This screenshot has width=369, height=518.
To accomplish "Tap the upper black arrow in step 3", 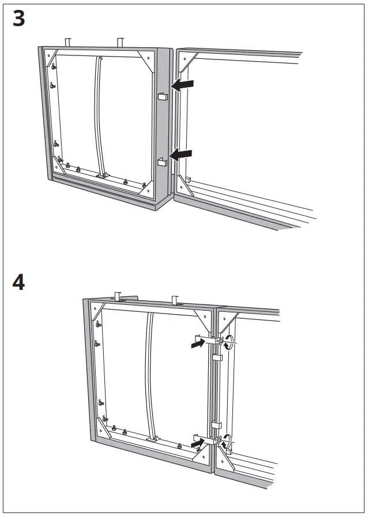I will click(x=183, y=85).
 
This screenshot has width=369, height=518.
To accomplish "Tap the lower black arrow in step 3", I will click(x=183, y=154).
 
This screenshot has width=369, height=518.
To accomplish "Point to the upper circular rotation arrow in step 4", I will click(x=229, y=342).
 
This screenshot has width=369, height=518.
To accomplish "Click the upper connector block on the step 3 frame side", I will click(x=161, y=96).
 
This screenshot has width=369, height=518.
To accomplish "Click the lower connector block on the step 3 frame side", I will click(x=161, y=161).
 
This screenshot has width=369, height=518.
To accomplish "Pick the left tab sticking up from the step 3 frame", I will click(x=68, y=42).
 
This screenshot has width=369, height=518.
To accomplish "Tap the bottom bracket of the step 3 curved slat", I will click(x=102, y=175).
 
